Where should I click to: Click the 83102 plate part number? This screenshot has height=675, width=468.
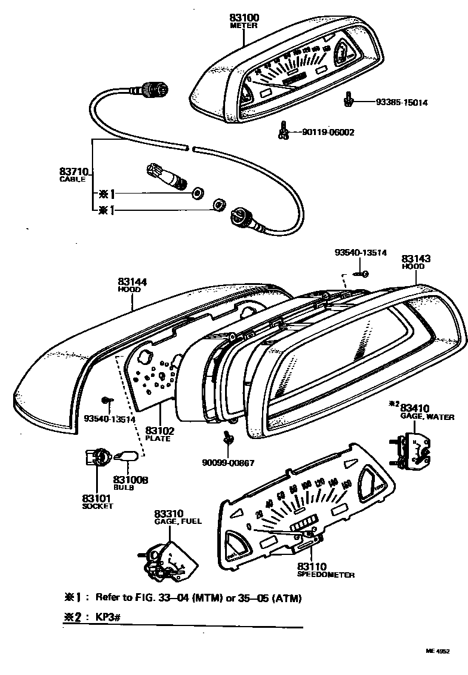(160, 431)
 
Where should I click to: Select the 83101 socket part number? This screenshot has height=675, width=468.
(97, 498)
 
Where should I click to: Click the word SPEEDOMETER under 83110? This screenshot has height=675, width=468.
(325, 575)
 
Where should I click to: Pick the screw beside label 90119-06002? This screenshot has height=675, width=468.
(283, 130)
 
